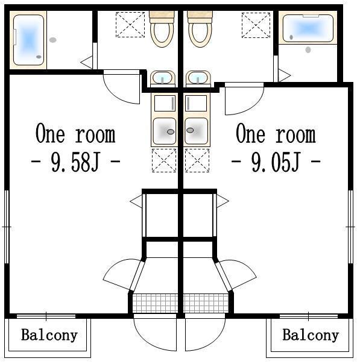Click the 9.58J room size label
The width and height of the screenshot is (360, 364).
[76, 162]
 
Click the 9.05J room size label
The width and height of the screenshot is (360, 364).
[276, 162]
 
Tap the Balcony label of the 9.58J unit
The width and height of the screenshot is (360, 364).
[49, 336]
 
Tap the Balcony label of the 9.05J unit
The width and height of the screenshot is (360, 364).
[311, 336]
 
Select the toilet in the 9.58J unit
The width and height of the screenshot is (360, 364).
[162, 29]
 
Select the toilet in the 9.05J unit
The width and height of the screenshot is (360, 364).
[200, 29]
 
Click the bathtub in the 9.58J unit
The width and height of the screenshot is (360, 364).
[28, 40]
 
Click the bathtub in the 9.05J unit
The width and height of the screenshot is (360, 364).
[308, 28]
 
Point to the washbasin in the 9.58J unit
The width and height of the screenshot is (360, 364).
[163, 78]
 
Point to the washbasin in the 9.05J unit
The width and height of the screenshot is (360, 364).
[198, 78]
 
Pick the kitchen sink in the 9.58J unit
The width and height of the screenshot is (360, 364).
[165, 131]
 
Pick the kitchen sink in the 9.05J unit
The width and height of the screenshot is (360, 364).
[196, 131]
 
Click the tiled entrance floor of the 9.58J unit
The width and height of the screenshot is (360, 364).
[155, 303]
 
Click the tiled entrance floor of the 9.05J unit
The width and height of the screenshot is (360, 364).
[206, 303]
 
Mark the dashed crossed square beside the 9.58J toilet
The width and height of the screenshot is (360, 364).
[130, 25]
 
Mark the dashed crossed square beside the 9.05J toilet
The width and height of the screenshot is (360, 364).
[256, 25]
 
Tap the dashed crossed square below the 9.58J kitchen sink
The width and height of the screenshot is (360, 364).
[164, 160]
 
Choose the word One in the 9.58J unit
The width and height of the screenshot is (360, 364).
[50, 133]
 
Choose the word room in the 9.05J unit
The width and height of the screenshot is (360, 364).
[295, 135]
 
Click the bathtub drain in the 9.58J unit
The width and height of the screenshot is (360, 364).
[39, 57]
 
